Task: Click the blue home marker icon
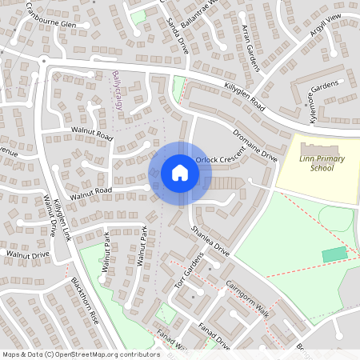tap(180, 173)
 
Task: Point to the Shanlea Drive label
tap(210, 241)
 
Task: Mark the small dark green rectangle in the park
tap(335, 254)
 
